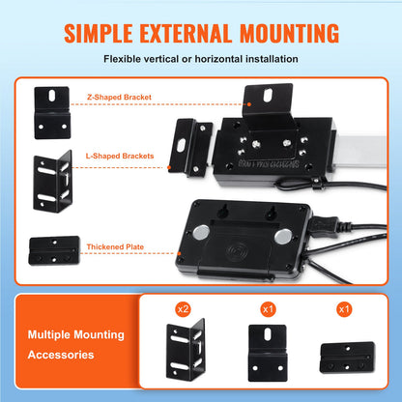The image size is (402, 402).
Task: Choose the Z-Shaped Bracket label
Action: pyautogui.click(x=121, y=97)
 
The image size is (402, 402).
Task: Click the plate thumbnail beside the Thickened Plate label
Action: pyautogui.click(x=53, y=245)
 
